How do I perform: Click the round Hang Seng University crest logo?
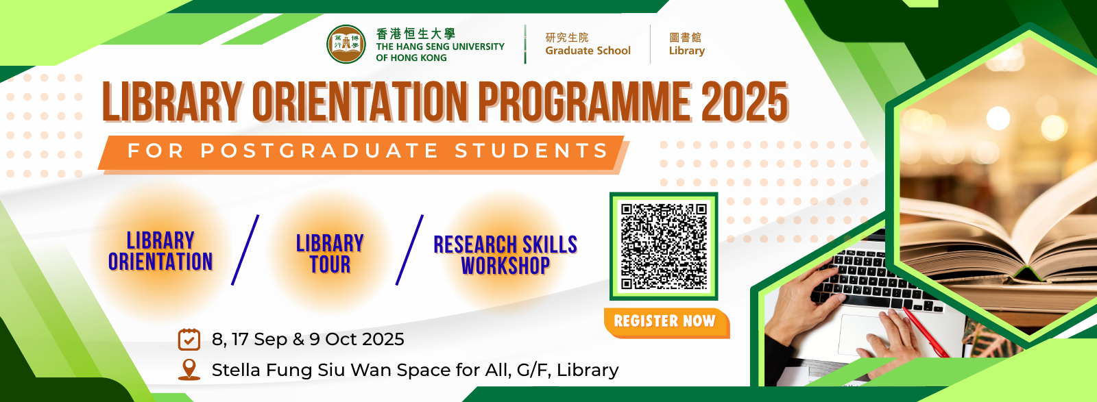pyautogui.click(x=346, y=45)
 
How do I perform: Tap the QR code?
pyautogui.click(x=664, y=246)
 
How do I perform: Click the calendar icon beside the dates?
pyautogui.click(x=189, y=340)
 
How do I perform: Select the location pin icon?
pyautogui.click(x=189, y=370)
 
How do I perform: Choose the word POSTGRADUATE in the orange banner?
pyautogui.click(x=320, y=150)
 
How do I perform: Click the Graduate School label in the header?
pyautogui.click(x=588, y=51)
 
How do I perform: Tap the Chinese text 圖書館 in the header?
pyautogui.click(x=685, y=37)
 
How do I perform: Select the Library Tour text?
pyautogui.click(x=330, y=254)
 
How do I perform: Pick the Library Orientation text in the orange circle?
pyautogui.click(x=160, y=251)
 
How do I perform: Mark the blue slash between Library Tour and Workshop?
pyautogui.click(x=409, y=250)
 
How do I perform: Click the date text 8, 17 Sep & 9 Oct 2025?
pyautogui.click(x=308, y=340)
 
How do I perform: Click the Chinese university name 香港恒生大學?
pyautogui.click(x=415, y=34)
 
